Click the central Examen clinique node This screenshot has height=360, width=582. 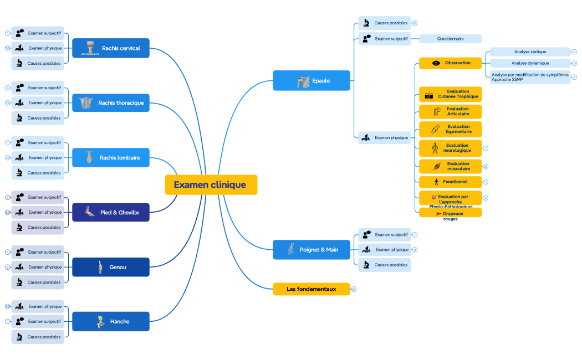click(211, 185)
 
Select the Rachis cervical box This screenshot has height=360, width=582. click(111, 48)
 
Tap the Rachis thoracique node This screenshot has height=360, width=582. click(111, 103)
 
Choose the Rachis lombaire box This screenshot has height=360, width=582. click(111, 158)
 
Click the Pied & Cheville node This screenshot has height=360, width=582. click(111, 212)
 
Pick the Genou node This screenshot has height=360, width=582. click(111, 267)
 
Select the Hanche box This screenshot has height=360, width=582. click(111, 321)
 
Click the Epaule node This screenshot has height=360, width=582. click(312, 81)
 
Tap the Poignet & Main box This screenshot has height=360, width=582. click(312, 250)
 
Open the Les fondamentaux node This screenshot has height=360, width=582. click(311, 289)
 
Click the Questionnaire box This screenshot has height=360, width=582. click(450, 39)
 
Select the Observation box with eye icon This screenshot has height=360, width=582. click(450, 63)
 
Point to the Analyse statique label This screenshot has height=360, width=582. click(529, 52)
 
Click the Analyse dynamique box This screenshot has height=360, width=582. click(529, 63)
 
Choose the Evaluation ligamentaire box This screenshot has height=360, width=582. click(450, 129)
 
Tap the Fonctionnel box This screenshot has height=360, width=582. click(450, 182)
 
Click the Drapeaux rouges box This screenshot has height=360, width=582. click(450, 213)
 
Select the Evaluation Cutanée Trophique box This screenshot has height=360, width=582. click(450, 94)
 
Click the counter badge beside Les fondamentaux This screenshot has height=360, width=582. click(354, 289)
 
